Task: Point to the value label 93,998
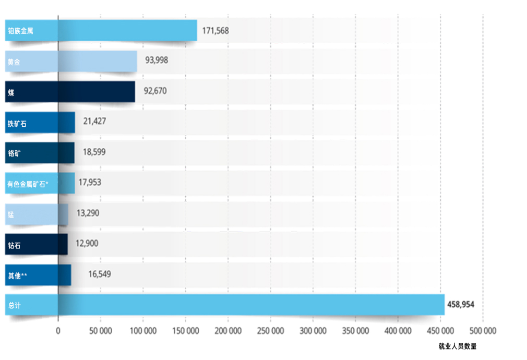pyautogui.click(x=157, y=60)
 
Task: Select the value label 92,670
pyautogui.click(x=155, y=91)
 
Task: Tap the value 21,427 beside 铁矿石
pyautogui.click(x=95, y=121)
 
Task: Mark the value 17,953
pyautogui.click(x=90, y=182)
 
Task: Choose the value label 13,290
pyautogui.click(x=88, y=213)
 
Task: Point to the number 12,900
pyautogui.click(x=87, y=243)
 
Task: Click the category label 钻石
pyautogui.click(x=14, y=245)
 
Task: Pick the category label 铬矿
pyautogui.click(x=14, y=153)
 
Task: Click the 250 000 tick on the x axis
pyautogui.click(x=270, y=331)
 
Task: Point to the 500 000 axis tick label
pyautogui.click(x=483, y=331)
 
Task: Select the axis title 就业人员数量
pyautogui.click(x=458, y=346)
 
